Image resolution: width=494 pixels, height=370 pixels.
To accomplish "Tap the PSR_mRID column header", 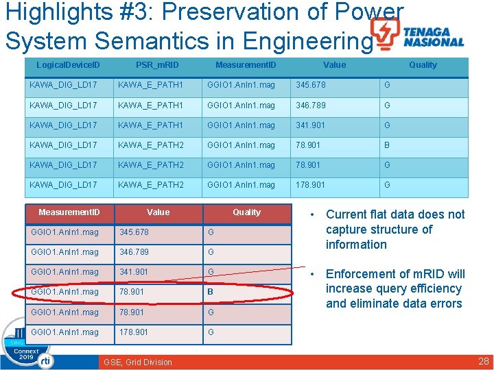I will pyautogui.click(x=156, y=65).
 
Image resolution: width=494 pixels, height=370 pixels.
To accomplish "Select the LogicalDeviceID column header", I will pyautogui.click(x=68, y=65).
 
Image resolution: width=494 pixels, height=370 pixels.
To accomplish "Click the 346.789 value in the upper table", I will pyautogui.click(x=310, y=106).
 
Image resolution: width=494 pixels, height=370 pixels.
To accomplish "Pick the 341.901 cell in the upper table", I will pyautogui.click(x=310, y=125).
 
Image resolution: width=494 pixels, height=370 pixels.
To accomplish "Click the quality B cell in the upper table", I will pyautogui.click(x=387, y=145).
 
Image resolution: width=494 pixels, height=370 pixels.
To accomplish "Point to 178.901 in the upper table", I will pyautogui.click(x=310, y=185).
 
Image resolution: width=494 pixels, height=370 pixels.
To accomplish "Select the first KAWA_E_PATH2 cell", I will pyautogui.click(x=150, y=145).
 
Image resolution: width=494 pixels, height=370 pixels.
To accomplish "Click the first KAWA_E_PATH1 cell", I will pyautogui.click(x=150, y=86).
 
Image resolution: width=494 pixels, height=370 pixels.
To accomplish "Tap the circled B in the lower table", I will pyautogui.click(x=211, y=292).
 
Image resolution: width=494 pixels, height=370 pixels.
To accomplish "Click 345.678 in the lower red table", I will pyautogui.click(x=133, y=232).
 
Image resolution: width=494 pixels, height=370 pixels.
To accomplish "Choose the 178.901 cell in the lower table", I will pyautogui.click(x=133, y=332).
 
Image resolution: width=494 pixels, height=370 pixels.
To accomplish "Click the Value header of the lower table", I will pyautogui.click(x=158, y=212).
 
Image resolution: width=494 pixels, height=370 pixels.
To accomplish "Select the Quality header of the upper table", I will pyautogui.click(x=423, y=65).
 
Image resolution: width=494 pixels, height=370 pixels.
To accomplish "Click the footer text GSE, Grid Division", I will pyautogui.click(x=138, y=362).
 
